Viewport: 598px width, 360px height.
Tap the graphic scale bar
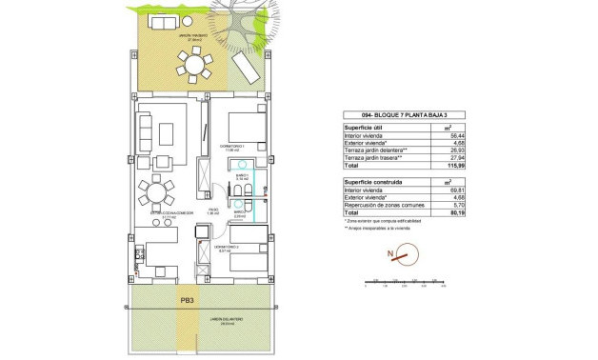point(404,280)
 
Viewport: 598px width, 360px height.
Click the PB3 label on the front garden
point(189,301)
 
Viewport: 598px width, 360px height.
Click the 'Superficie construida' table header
point(372,181)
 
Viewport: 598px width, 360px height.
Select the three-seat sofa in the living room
point(147,128)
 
